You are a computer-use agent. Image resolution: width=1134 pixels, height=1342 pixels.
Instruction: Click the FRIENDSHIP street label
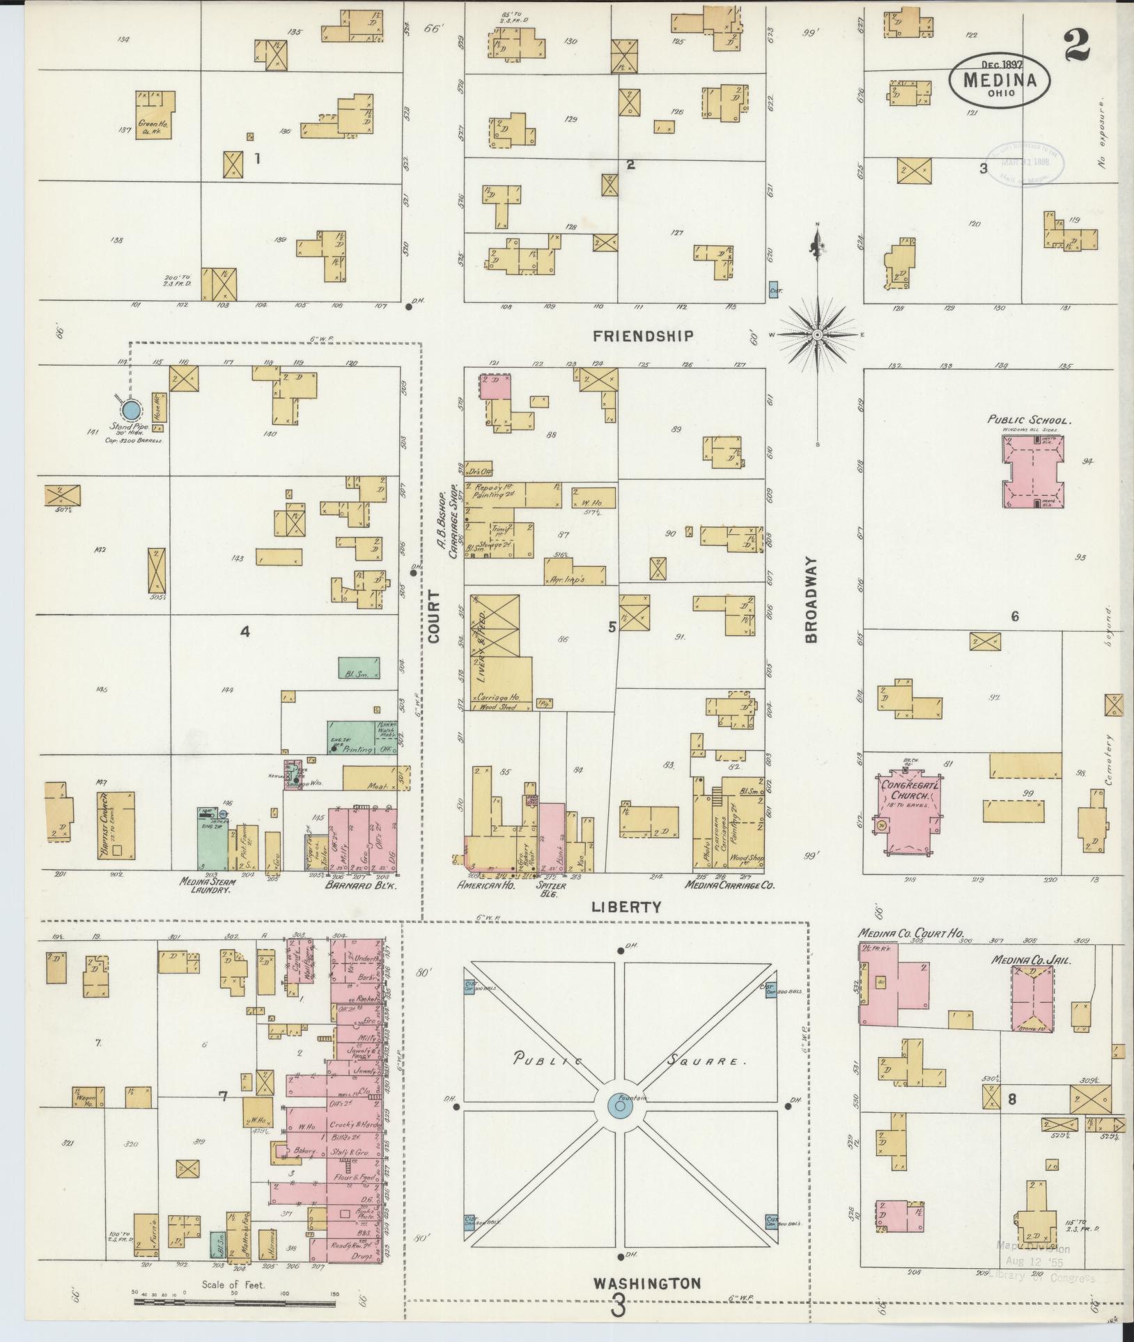(643, 336)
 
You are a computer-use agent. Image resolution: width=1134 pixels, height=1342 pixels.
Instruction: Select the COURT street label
(435, 616)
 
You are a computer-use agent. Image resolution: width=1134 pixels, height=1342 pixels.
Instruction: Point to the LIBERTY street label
(624, 907)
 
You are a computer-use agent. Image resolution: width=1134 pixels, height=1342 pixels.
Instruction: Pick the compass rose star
(818, 336)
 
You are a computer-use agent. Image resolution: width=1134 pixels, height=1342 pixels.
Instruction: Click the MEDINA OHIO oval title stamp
(998, 80)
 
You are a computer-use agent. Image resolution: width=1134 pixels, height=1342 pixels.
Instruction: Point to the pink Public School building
(1034, 474)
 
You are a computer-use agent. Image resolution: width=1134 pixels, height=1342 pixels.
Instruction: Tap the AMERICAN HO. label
(482, 885)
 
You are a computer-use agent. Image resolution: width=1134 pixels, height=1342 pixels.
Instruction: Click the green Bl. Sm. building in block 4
(359, 668)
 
